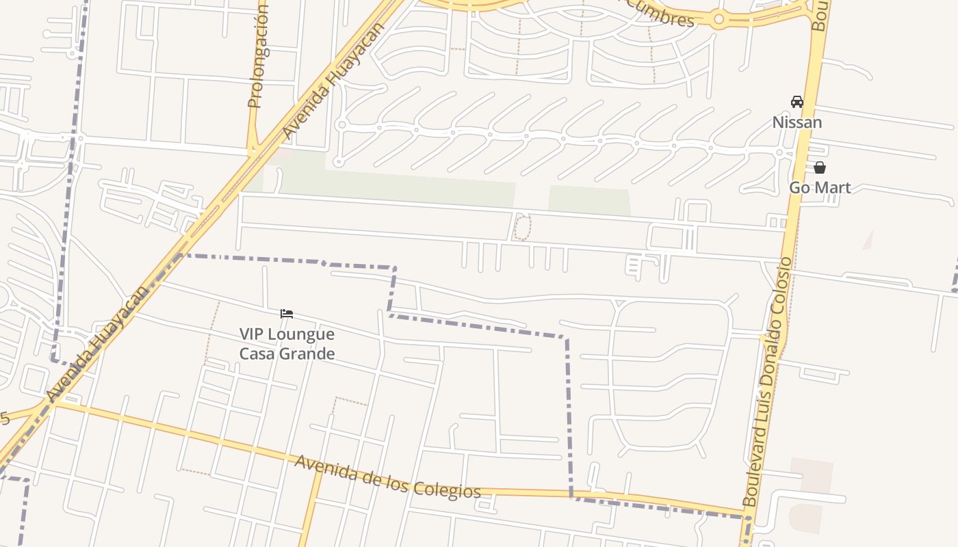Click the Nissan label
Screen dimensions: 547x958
coord(797,122)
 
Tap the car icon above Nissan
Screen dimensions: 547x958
coord(797,102)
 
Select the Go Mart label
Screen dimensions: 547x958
coord(819,187)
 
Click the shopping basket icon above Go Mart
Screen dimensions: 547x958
coord(819,168)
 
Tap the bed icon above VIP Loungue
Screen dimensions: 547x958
coord(287,314)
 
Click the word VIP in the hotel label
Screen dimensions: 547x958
coord(252,334)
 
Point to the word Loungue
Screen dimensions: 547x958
coord(301,334)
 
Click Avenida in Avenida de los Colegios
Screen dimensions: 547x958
coord(322,467)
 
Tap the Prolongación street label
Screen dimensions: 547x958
coord(257,58)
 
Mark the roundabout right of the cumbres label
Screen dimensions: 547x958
coord(718,20)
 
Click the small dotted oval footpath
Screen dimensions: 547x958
coord(522,227)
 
